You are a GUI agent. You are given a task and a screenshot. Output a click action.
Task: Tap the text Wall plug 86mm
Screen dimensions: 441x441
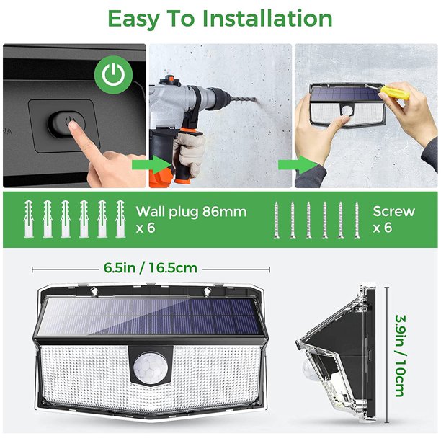191,212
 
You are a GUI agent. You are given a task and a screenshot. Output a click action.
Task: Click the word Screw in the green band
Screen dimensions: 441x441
394,211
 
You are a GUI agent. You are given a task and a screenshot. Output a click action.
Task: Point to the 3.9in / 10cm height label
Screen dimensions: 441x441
399,354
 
